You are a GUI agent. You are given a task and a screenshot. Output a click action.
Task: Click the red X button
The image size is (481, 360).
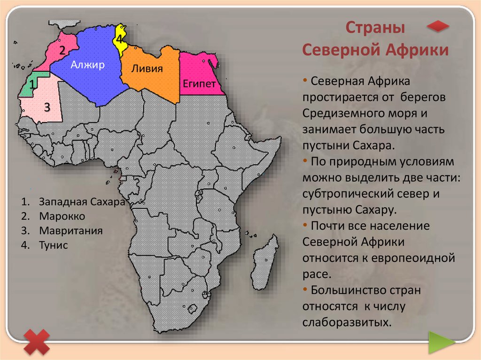[37, 342]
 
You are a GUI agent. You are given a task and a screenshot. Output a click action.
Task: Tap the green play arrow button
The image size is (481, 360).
[441, 342]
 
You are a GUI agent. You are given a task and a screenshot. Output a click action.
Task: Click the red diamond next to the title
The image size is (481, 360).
[438, 26]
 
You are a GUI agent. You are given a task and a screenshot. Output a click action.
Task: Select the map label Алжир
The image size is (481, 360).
[87, 65]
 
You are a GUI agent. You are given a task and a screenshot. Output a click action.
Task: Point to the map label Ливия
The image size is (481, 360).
[147, 68]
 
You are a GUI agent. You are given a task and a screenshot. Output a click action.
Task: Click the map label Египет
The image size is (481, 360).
[199, 84]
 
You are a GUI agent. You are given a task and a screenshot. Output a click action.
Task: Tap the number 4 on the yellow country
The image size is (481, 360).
[119, 39]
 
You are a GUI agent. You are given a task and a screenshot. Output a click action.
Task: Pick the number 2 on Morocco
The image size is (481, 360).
[62, 50]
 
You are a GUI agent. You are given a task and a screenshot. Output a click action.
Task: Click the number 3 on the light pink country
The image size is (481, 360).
[47, 107]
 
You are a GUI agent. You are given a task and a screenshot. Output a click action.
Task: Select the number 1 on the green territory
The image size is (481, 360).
[32, 84]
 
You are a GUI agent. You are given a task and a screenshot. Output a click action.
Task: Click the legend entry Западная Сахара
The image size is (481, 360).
[82, 201]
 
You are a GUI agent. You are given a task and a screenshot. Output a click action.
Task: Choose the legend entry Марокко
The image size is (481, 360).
[62, 216]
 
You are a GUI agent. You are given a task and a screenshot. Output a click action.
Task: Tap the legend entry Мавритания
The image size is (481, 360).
[71, 230]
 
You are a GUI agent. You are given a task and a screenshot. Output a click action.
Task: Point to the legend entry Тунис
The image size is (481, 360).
[54, 245]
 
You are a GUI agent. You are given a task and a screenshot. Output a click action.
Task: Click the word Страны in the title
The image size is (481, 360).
[375, 28]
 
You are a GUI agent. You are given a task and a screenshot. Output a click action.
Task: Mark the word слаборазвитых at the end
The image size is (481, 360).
[347, 322]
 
